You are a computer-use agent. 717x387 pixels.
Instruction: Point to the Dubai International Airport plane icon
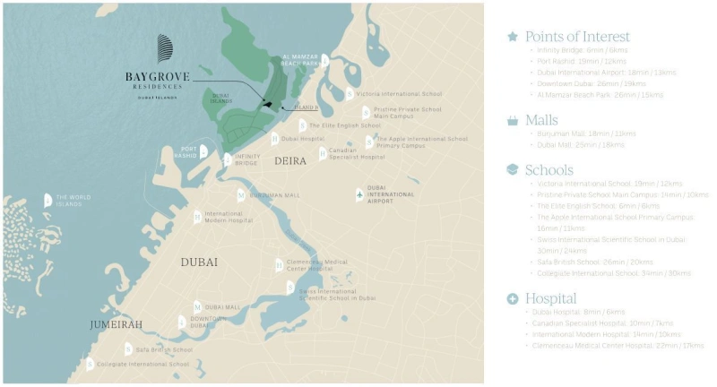point(359,194)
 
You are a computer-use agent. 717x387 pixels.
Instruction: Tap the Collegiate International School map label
point(143,364)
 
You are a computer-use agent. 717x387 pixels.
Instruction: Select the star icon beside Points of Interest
point(512,37)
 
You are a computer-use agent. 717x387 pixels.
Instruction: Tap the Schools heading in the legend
point(549,168)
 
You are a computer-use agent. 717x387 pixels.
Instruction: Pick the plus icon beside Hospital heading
point(512,297)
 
